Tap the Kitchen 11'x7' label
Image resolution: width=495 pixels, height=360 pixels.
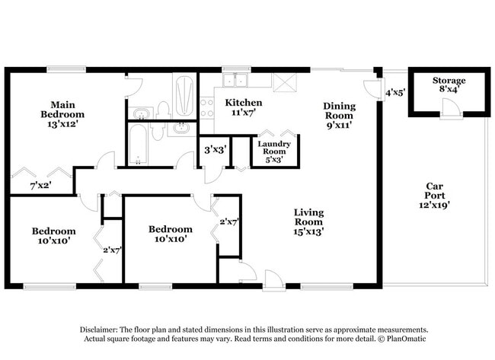(244, 108)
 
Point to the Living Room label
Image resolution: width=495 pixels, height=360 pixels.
(309, 222)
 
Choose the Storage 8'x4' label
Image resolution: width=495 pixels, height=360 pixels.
(449, 85)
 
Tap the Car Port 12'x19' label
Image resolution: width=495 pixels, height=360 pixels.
(434, 196)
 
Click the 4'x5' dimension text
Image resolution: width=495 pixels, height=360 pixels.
(394, 93)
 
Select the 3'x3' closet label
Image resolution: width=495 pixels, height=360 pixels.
(213, 149)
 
